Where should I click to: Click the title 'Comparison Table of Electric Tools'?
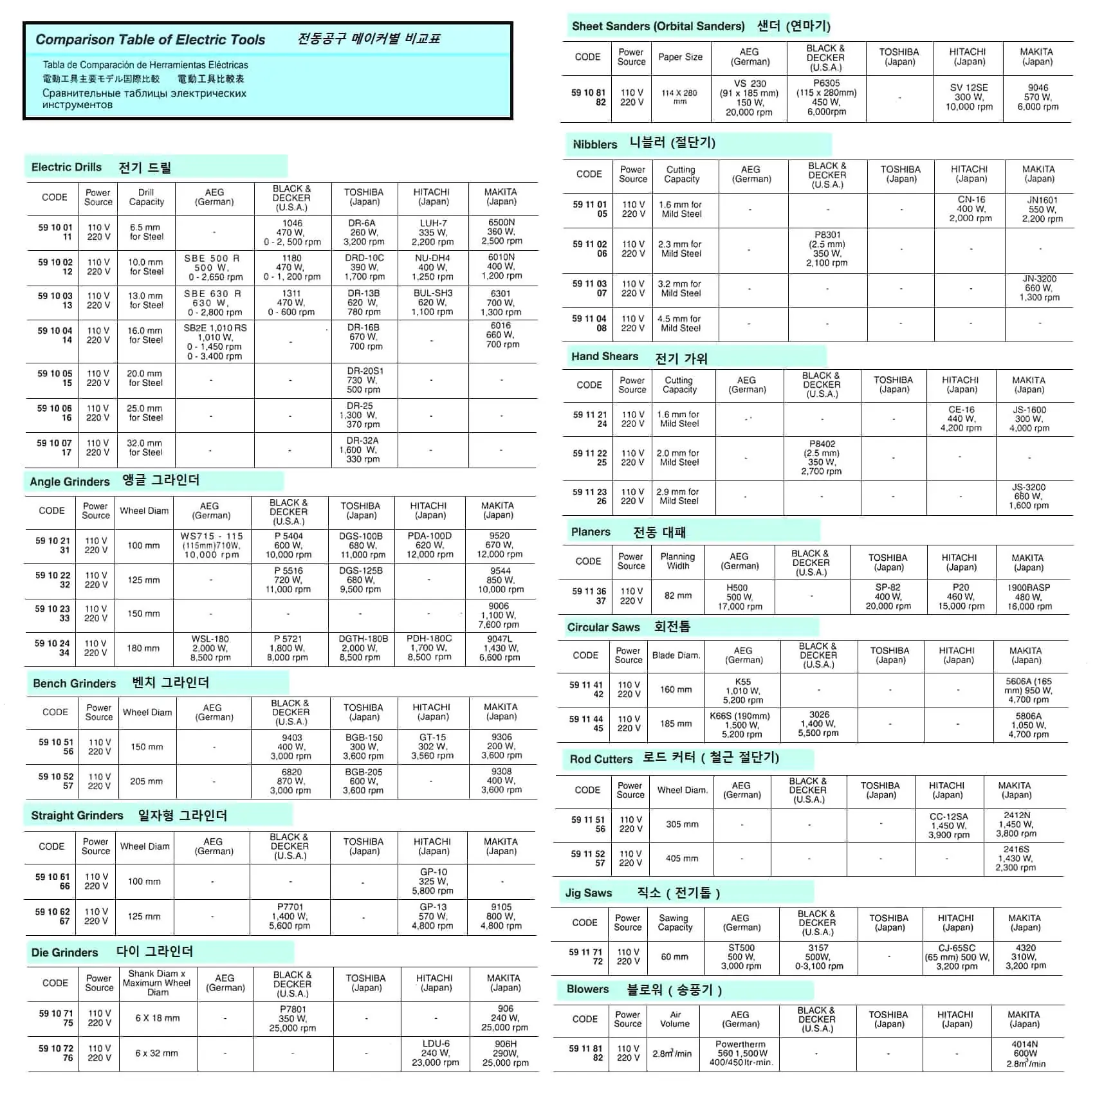click(150, 40)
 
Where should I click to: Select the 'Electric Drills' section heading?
click(66, 167)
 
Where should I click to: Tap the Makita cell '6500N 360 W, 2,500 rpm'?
click(501, 232)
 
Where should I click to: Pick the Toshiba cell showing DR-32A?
click(363, 450)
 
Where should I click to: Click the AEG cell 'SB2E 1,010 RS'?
click(215, 342)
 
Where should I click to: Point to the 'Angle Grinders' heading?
click(69, 482)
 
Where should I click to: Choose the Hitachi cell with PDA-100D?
click(430, 545)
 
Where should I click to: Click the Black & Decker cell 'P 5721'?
click(288, 648)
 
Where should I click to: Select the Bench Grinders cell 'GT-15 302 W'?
click(432, 747)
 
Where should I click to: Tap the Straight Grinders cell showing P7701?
click(290, 916)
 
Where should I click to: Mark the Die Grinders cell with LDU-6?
click(436, 1053)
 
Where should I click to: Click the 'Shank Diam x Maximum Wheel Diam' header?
click(157, 983)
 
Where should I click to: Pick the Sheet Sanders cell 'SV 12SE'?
click(969, 97)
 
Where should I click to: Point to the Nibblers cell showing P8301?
click(827, 249)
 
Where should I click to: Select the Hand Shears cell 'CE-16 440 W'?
click(961, 419)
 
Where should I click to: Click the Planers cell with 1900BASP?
click(1029, 597)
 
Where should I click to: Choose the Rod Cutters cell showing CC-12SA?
click(948, 825)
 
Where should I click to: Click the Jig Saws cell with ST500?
click(741, 956)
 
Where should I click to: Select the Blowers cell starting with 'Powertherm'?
click(741, 1054)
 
